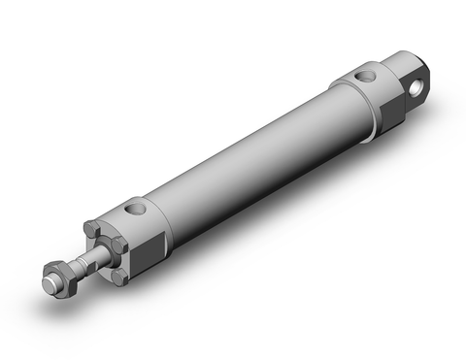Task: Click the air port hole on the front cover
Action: tap(137, 207)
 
